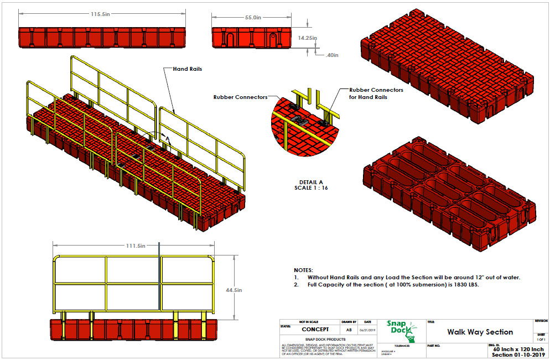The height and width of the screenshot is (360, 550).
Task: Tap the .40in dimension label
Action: click(x=332, y=55)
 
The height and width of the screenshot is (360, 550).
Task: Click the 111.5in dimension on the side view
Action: click(x=134, y=245)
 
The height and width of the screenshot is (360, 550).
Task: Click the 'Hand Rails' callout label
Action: click(x=187, y=69)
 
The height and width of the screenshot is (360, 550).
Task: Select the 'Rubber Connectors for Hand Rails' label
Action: click(x=376, y=93)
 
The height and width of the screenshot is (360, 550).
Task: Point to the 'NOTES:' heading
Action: click(x=304, y=270)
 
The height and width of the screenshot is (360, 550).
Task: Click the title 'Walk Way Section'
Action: click(x=480, y=332)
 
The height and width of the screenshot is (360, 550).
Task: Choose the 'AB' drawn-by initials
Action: click(x=348, y=329)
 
